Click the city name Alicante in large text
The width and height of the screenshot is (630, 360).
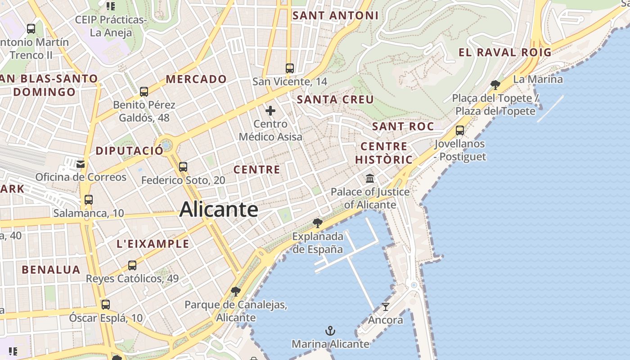coord(219,210)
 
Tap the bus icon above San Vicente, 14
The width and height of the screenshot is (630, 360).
coord(290,68)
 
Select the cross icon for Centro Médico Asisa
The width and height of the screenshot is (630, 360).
coord(270,111)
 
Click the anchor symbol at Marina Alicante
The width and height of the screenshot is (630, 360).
coord(330,331)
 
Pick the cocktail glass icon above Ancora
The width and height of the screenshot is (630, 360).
coord(386,307)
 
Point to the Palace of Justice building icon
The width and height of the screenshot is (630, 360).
coord(370,179)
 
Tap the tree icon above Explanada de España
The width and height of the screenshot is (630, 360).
coord(318,223)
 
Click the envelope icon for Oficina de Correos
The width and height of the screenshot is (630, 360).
coord(81,164)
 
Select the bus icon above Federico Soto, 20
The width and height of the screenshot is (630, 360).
coord(183,167)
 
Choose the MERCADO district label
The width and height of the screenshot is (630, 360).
coord(196,79)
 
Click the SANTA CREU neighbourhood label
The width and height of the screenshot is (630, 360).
coord(335,99)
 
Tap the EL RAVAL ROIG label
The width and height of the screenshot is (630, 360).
coord(505,52)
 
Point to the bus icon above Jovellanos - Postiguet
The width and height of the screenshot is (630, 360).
coord(460,130)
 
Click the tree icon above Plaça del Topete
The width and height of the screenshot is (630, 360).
coord(495,85)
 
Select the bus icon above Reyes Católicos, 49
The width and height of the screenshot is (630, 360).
coord(132,265)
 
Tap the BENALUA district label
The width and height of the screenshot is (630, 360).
coord(51,270)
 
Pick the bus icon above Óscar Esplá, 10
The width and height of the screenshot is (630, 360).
coord(106,305)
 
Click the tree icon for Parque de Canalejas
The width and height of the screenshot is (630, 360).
coord(235,292)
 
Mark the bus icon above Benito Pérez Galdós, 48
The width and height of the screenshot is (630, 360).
coord(144,92)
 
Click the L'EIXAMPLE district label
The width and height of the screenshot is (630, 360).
coord(153,244)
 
